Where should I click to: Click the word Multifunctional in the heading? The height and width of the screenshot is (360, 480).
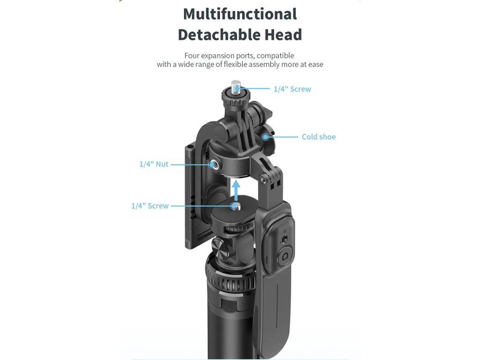point(240,14)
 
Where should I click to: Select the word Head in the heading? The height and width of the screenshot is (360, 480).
point(283,35)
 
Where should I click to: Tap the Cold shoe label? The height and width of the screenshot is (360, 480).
point(319,137)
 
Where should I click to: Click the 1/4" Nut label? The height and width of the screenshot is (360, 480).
point(154,164)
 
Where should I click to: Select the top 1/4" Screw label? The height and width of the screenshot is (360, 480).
point(292,89)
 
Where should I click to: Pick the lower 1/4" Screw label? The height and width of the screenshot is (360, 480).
point(150,206)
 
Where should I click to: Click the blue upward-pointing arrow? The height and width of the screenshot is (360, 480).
point(236,190)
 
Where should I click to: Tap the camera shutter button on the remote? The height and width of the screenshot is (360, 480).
point(285,256)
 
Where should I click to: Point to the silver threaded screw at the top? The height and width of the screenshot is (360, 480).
point(236,86)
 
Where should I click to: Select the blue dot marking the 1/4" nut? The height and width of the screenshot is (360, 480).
point(211,165)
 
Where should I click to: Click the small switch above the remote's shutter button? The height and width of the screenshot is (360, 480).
point(285,239)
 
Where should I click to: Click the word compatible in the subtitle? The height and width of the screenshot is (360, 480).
point(275,56)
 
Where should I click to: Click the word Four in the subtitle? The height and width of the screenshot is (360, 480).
point(192,56)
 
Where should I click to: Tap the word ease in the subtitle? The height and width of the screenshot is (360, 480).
point(316,65)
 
